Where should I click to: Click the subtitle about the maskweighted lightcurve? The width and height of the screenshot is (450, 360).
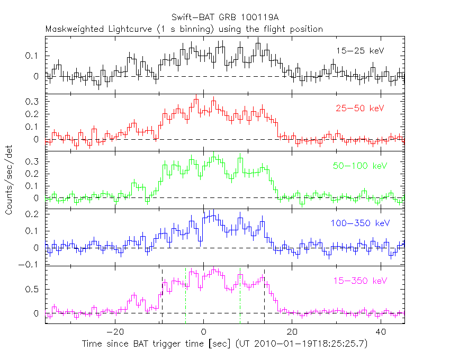[184, 29]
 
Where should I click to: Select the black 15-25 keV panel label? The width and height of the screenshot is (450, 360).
[359, 51]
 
